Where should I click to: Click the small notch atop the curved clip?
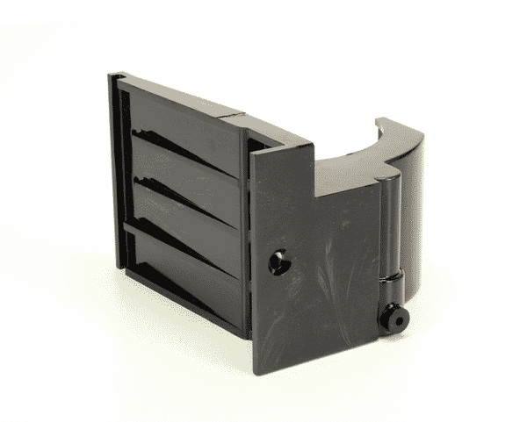click(384, 126)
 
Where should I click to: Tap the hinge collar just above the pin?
click(390, 283)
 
